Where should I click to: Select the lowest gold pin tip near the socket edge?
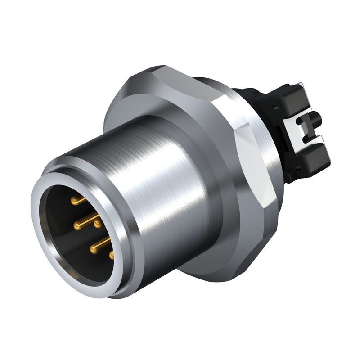(112, 255)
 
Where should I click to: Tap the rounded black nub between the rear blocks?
(315, 120)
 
